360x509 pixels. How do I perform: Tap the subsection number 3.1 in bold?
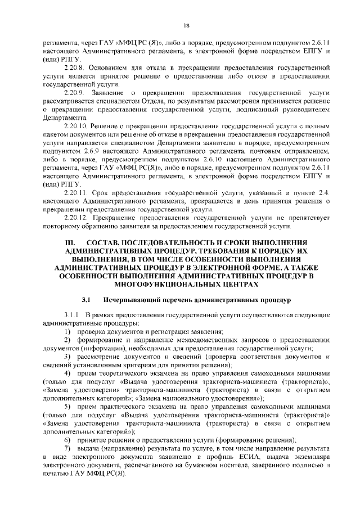point(87,301)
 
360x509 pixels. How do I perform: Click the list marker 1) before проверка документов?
point(66,332)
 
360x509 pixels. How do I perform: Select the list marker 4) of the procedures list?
point(66,374)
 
